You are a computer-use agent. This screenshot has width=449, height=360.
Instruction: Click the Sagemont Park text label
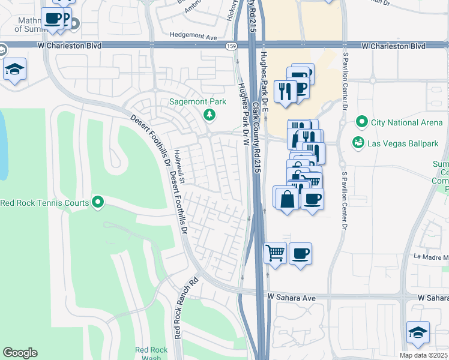click(197, 101)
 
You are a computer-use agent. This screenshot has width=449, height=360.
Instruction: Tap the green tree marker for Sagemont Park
click(209, 114)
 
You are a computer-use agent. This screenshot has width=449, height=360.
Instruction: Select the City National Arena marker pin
click(361, 122)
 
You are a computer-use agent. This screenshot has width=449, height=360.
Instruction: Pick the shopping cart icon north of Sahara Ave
click(275, 253)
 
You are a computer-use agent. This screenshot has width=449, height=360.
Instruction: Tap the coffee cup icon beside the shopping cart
click(300, 253)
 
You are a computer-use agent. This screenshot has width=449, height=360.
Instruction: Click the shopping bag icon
click(288, 199)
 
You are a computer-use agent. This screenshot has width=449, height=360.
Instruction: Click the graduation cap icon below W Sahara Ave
click(418, 331)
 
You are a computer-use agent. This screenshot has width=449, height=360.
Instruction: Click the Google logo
click(19, 353)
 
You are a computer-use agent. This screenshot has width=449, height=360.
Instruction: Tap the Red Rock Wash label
click(147, 353)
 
